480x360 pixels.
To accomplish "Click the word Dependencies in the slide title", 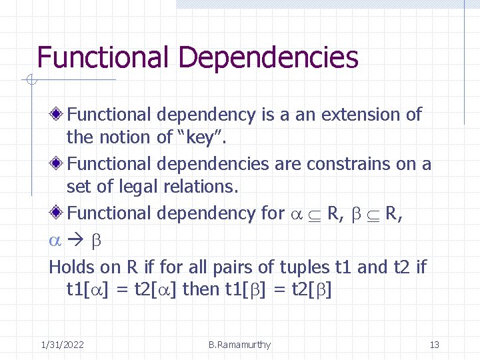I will click(x=268, y=58).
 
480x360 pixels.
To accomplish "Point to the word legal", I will click(x=135, y=187).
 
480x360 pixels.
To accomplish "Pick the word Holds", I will click(x=72, y=267).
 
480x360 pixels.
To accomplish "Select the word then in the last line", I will click(x=199, y=290).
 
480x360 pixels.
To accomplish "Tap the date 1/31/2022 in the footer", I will click(x=62, y=345).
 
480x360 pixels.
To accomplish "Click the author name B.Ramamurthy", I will click(x=239, y=345).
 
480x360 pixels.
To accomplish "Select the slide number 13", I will click(x=434, y=345).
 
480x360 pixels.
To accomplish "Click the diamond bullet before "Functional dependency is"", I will click(x=59, y=115).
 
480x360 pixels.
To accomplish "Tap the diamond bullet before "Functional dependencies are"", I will click(x=59, y=164).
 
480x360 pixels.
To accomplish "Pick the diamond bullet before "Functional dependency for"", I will click(x=59, y=213).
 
